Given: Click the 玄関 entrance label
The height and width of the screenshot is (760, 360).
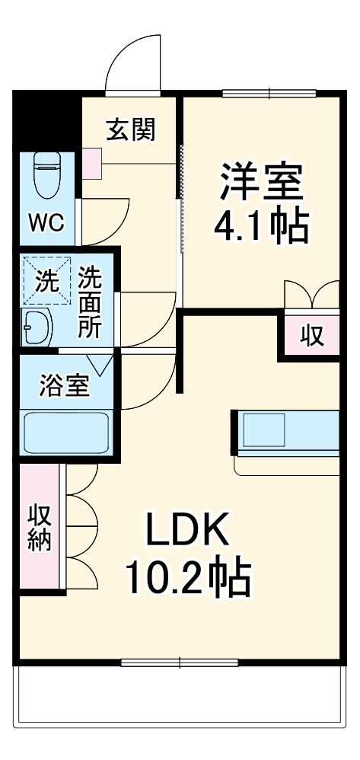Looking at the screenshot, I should pyautogui.click(x=130, y=130).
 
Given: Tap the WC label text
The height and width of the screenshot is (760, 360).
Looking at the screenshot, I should pyautogui.click(x=46, y=222).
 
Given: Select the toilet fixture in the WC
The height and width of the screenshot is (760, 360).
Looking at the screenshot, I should pyautogui.click(x=47, y=174).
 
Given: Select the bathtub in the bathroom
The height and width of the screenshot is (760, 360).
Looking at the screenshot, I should pyautogui.click(x=67, y=433).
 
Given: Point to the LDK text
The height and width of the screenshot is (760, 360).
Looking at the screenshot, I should pyautogui.click(x=187, y=531).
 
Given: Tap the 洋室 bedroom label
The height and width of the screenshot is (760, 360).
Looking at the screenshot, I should pyautogui.click(x=262, y=181).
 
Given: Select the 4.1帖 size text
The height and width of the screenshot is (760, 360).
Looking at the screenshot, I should pyautogui.click(x=260, y=225).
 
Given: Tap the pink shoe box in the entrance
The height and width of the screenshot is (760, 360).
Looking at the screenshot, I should pyautogui.click(x=91, y=161).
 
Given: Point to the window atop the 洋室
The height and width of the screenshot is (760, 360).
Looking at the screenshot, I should pyautogui.click(x=270, y=94).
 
